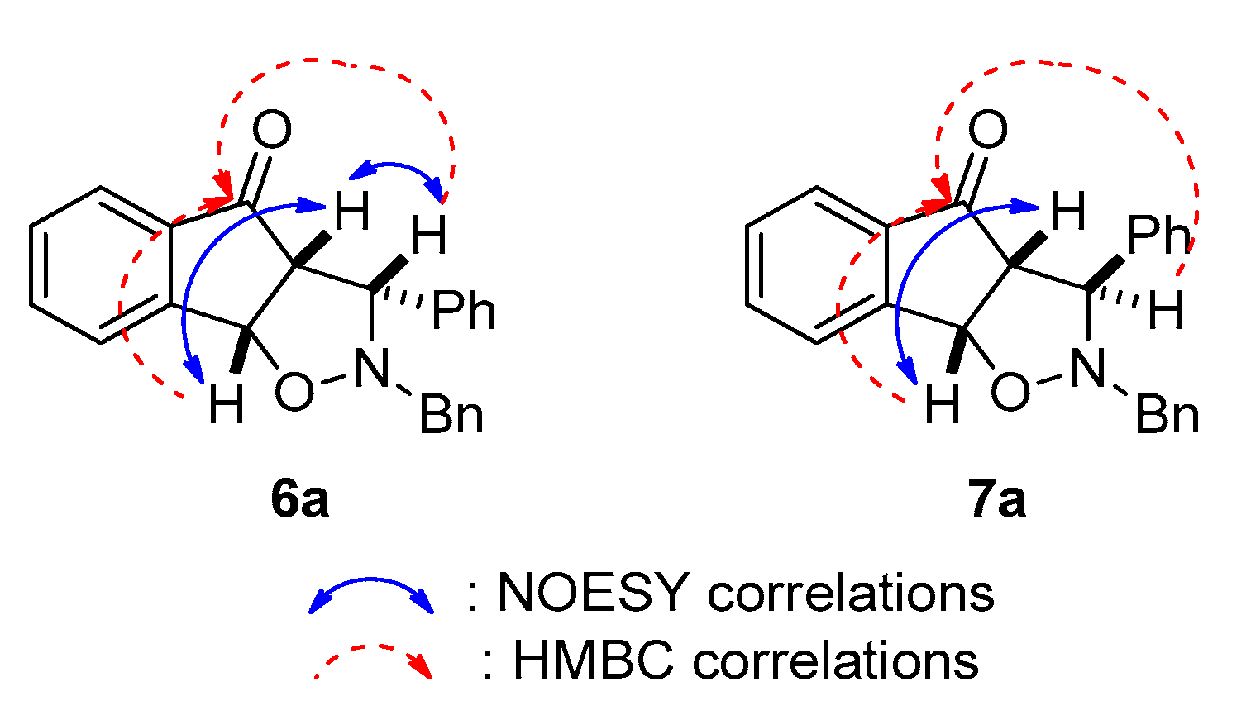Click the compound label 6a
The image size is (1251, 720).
click(299, 499)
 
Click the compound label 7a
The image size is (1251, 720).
click(997, 499)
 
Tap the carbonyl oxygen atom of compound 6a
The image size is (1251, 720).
click(271, 131)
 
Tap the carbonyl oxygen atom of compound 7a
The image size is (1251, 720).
click(987, 131)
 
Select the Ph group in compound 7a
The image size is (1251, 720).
click(1158, 236)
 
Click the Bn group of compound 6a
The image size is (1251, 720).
click(451, 413)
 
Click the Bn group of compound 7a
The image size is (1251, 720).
click(1167, 413)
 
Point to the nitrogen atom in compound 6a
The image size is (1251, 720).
click(371, 368)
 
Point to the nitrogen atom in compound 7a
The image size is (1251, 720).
click(1087, 368)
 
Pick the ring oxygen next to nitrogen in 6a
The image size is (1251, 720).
click(294, 391)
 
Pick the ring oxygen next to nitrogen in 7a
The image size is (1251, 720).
click(1010, 391)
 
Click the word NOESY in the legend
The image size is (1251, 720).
click(592, 593)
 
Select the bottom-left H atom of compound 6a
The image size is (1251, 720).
click(225, 406)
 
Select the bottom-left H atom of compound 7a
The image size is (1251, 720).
click(942, 406)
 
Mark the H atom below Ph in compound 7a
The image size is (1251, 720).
click(1165, 312)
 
